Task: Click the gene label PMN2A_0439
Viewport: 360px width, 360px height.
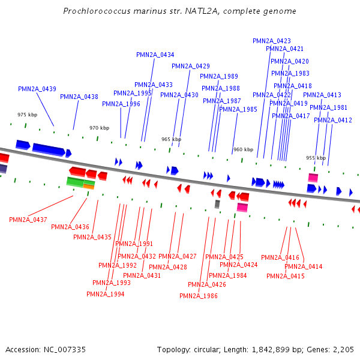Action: (37, 89)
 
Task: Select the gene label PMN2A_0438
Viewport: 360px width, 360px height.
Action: (79, 97)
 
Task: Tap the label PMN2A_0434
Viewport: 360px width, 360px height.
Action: (155, 55)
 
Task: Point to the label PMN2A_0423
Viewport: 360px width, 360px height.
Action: (272, 41)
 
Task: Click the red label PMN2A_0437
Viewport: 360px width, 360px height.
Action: (28, 220)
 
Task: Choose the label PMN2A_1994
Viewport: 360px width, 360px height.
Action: (106, 294)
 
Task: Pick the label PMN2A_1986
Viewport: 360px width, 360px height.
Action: (199, 296)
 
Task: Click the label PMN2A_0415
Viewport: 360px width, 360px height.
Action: (286, 276)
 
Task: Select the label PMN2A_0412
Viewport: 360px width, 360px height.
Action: (333, 120)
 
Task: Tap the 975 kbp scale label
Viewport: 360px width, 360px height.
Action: (27, 115)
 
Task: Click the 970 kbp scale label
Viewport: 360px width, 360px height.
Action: (100, 128)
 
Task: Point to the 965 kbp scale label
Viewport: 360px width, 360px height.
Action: (171, 139)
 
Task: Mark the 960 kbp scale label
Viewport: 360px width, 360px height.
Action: (243, 149)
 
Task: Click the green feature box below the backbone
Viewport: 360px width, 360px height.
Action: (75, 182)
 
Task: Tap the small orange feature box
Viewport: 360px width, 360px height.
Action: (89, 187)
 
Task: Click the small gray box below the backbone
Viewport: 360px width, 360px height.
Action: (217, 205)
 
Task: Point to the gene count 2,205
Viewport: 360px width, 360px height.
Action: (343, 349)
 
